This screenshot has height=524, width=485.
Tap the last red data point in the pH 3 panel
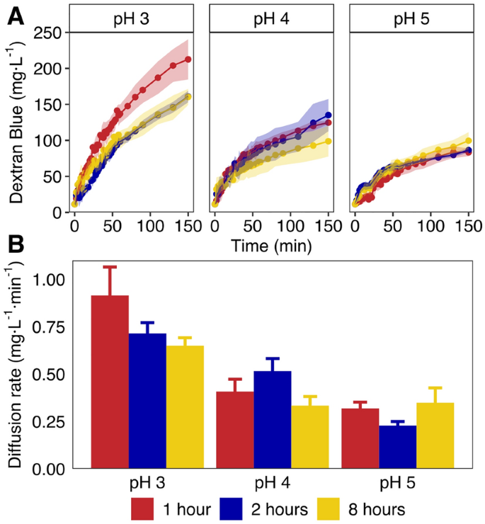click(188, 60)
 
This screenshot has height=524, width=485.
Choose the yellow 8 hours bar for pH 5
click(435, 435)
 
